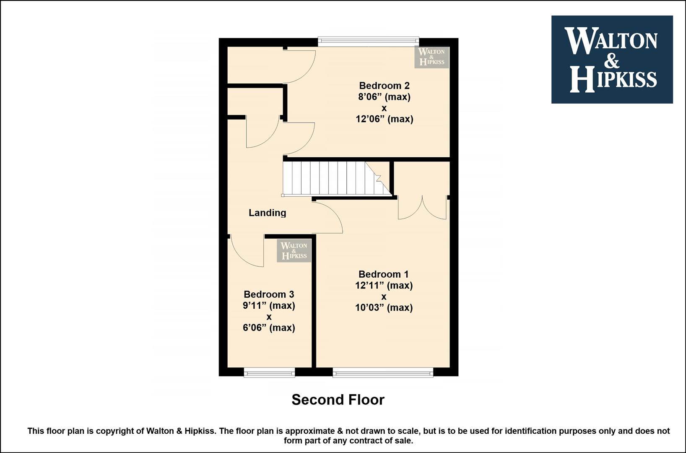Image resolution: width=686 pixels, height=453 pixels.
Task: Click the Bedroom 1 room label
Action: point(383,274)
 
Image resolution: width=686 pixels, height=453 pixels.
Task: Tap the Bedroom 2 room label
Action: point(384,85)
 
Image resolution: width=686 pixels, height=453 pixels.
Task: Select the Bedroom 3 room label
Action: point(269,294)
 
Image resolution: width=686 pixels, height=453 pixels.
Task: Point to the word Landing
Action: point(268,213)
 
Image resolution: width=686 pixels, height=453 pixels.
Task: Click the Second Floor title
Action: point(338,400)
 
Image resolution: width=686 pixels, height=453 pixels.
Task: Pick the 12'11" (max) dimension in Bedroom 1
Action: point(384,286)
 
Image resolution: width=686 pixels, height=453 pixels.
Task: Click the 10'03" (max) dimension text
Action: point(384,307)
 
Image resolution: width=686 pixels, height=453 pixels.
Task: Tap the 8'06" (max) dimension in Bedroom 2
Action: point(384,97)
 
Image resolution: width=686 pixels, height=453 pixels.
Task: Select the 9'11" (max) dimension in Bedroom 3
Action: point(269,306)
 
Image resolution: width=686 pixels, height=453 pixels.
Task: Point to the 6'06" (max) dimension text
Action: point(269,328)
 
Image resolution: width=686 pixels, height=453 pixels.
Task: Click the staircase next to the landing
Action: point(337,178)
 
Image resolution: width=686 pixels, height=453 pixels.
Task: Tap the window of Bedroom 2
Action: point(368,42)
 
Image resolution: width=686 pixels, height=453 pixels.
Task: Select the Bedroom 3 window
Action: point(269,372)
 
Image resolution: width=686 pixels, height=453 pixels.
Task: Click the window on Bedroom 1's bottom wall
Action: point(383,372)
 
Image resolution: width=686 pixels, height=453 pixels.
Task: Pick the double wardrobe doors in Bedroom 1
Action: point(422,208)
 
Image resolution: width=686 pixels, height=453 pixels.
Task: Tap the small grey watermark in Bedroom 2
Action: point(431,57)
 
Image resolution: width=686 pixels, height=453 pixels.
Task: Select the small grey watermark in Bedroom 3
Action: point(294,251)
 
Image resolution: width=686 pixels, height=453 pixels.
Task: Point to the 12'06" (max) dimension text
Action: point(384,119)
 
